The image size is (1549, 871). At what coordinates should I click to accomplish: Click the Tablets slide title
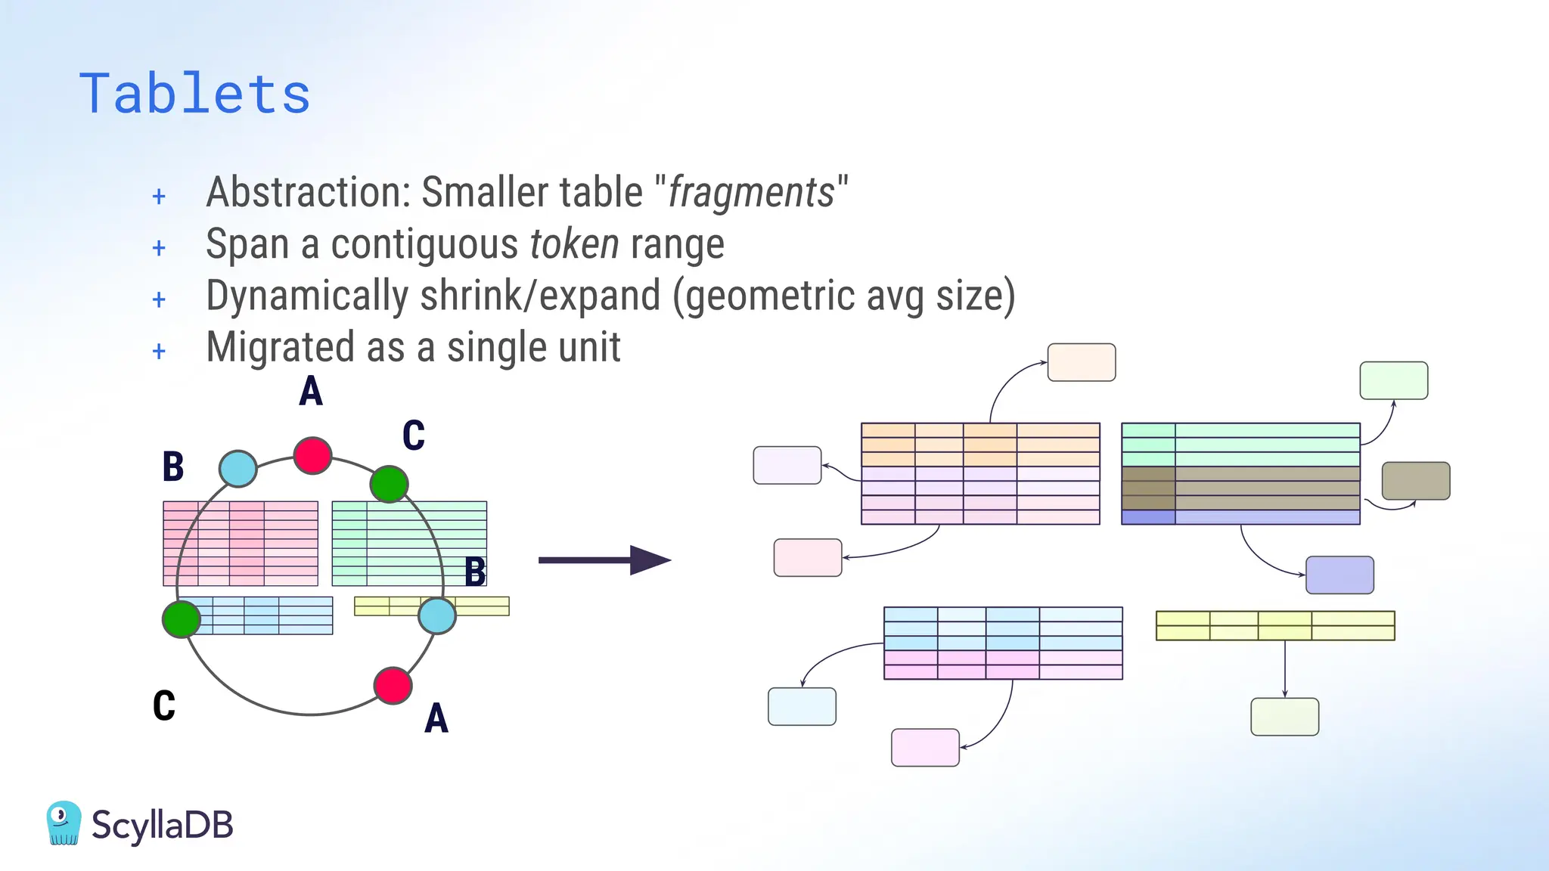click(x=194, y=94)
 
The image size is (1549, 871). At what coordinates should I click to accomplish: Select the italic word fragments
click(x=751, y=193)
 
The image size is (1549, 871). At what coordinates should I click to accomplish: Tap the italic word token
click(x=574, y=244)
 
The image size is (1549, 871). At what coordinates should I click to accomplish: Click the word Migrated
click(x=280, y=348)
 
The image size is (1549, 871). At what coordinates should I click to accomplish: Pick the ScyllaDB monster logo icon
click(x=64, y=823)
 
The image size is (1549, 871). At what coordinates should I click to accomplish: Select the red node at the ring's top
click(x=312, y=455)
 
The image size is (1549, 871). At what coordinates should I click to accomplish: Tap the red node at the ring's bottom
click(x=393, y=686)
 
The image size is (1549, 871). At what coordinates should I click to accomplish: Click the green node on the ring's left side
click(x=182, y=619)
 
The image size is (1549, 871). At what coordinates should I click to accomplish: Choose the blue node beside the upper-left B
click(x=237, y=469)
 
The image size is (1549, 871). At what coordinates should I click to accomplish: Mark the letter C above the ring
click(x=414, y=435)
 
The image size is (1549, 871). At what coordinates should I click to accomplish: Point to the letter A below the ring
click(x=436, y=718)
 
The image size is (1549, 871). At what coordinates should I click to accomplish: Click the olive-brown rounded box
click(x=1415, y=481)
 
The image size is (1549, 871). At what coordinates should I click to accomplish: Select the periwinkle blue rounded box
click(x=1339, y=575)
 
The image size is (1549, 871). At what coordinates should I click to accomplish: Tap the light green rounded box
click(x=1393, y=380)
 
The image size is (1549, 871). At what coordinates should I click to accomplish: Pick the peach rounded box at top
click(x=1081, y=362)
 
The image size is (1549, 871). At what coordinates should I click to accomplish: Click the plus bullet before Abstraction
click(x=159, y=197)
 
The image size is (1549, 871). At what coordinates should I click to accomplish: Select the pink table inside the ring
click(x=241, y=543)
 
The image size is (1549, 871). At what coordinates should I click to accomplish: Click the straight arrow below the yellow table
click(x=1284, y=668)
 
